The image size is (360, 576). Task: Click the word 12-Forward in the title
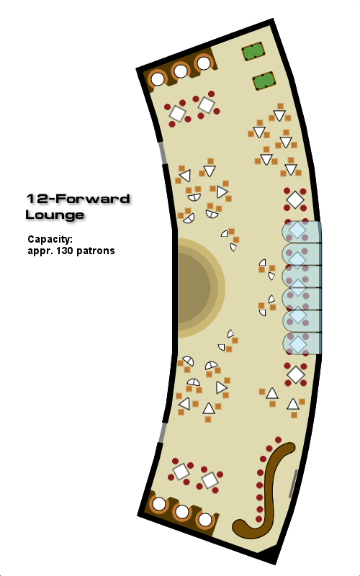click(78, 199)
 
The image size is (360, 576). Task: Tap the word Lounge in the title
click(55, 215)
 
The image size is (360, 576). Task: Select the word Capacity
click(50, 240)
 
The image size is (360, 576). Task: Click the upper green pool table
click(253, 51)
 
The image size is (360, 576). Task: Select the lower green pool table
click(264, 81)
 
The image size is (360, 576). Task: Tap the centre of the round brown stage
click(194, 287)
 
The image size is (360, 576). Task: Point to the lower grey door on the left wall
click(161, 433)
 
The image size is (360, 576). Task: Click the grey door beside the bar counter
click(293, 483)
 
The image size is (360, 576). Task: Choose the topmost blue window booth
click(302, 232)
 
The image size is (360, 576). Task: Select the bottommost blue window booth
click(302, 343)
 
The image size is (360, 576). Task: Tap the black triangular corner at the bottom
click(271, 555)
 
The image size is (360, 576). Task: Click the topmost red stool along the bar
click(278, 440)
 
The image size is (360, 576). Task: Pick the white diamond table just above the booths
click(295, 200)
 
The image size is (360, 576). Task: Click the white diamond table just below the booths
click(296, 374)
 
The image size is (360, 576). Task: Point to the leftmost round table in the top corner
click(158, 79)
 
